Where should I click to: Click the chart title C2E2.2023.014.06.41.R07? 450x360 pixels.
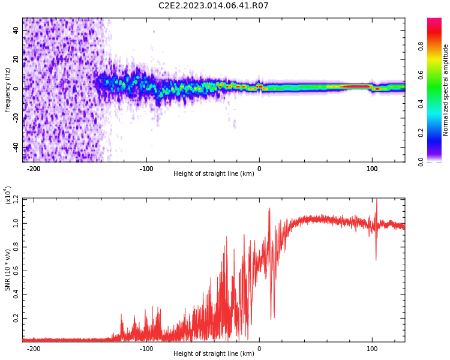pyautogui.click(x=213, y=5)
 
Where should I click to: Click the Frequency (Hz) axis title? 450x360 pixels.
pyautogui.click(x=7, y=90)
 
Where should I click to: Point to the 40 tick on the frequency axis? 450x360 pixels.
pyautogui.click(x=16, y=30)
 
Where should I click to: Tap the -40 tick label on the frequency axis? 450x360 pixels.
pyautogui.click(x=16, y=148)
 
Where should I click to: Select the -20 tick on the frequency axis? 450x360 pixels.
pyautogui.click(x=16, y=118)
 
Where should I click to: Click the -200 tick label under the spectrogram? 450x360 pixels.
pyautogui.click(x=34, y=169)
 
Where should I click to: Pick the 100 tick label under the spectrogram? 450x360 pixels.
pyautogui.click(x=372, y=169)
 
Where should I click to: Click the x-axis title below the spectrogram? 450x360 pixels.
pyautogui.click(x=214, y=173)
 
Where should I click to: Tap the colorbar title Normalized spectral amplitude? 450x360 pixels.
pyautogui.click(x=445, y=90)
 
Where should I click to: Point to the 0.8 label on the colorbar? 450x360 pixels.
pyautogui.click(x=421, y=46)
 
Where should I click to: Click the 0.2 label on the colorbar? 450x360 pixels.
pyautogui.click(x=421, y=133)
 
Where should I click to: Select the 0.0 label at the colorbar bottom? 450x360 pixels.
pyautogui.click(x=421, y=162)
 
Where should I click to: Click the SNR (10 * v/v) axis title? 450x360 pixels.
pyautogui.click(x=7, y=270)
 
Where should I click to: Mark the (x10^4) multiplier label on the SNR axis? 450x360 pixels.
pyautogui.click(x=7, y=195)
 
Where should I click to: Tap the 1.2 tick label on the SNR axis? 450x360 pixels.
pyautogui.click(x=16, y=199)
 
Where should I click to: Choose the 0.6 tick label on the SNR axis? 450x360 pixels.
pyautogui.click(x=16, y=271)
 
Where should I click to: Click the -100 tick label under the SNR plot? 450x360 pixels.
pyautogui.click(x=146, y=349)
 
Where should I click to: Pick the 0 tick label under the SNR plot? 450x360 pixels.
pyautogui.click(x=259, y=349)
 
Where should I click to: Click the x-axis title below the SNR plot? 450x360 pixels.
pyautogui.click(x=214, y=353)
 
